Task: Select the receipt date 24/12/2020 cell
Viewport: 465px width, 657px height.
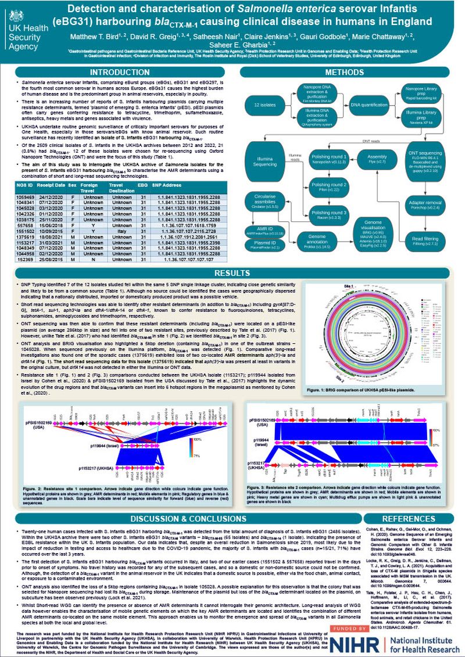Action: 52,196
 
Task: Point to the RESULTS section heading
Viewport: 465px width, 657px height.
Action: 232,273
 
